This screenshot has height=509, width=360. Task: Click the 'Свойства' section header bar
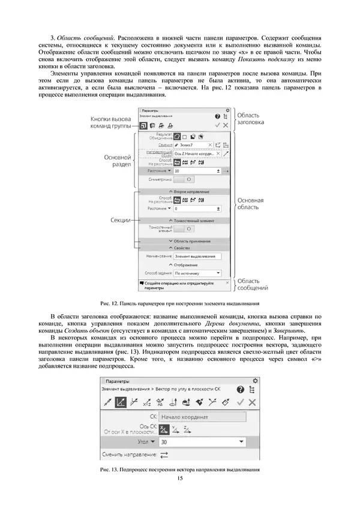(182, 248)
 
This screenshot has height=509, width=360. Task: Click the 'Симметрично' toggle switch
(187, 179)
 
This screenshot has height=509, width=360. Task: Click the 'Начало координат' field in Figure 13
(203, 415)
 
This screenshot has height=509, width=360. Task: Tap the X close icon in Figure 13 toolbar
(252, 402)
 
